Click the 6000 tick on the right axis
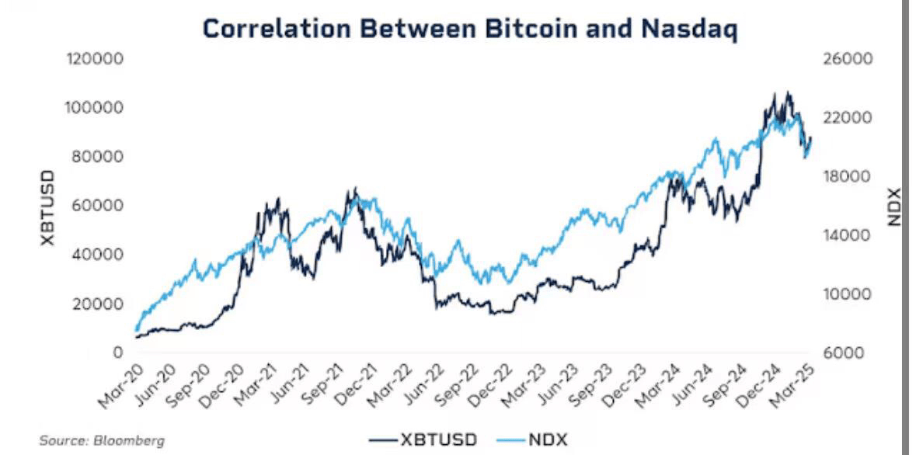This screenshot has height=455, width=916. pyautogui.click(x=840, y=353)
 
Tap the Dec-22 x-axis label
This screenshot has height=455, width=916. pyautogui.click(x=491, y=385)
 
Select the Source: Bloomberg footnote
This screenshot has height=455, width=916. pyautogui.click(x=102, y=440)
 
